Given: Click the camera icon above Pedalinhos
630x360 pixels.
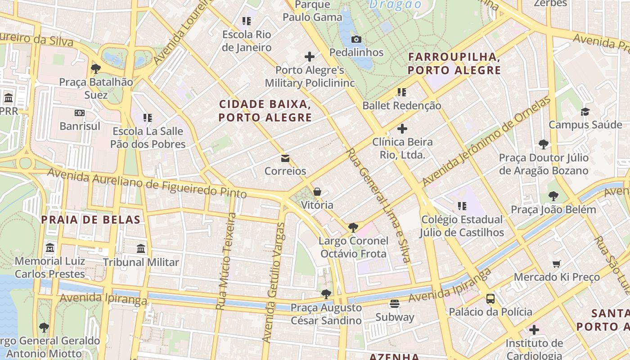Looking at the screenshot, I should point(356,40).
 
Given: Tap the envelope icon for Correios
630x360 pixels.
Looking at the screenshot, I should point(285,158).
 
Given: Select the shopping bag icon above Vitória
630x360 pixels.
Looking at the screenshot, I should point(317,192).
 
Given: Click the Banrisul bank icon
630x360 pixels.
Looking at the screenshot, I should point(80,113).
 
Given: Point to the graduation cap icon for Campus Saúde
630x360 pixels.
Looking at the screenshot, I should point(585,112).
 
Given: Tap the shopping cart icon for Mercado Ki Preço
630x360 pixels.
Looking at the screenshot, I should point(557,264).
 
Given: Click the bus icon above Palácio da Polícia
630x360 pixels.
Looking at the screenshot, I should point(490,299).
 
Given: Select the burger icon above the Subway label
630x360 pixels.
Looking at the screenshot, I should point(395,304).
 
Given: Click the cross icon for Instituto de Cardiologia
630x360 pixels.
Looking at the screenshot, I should point(534,330).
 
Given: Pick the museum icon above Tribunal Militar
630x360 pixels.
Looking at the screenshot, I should point(141,249).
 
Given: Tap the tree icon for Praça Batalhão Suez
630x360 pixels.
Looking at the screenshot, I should point(95,69).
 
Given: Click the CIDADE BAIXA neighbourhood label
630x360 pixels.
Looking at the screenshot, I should point(265,111).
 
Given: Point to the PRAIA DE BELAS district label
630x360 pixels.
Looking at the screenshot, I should point(90,220).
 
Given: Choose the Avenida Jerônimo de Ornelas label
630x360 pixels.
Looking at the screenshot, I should point(486,141).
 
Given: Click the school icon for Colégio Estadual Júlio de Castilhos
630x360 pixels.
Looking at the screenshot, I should point(462,206).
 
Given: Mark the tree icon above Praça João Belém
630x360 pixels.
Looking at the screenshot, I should point(553,196).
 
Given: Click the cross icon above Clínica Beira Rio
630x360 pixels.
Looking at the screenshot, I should point(402,129).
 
